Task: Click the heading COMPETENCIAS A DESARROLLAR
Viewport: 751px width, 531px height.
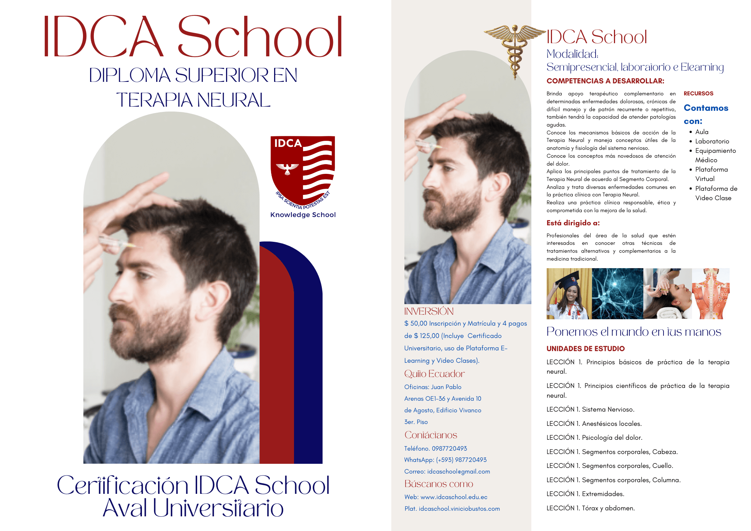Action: pos(605,81)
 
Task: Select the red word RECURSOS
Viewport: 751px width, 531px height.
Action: pos(698,94)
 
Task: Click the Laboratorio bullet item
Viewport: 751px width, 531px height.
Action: pos(712,141)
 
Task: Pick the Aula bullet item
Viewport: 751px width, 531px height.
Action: pos(702,132)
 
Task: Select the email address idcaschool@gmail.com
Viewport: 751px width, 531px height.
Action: pos(458,471)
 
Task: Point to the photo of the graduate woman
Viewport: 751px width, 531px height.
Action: pos(569,294)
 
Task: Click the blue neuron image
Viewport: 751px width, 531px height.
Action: pos(617,294)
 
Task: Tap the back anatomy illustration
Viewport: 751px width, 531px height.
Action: pos(710,294)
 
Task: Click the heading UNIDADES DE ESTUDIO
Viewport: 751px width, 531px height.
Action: pos(585,348)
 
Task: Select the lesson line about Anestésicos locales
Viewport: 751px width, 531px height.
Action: pos(594,424)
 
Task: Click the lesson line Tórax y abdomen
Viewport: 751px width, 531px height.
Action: pos(591,508)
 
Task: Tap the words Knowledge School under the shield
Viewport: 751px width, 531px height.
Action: pos(303,215)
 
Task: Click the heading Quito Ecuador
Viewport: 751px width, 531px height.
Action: pos(434,374)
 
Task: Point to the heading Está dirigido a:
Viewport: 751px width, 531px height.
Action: pos(573,223)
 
